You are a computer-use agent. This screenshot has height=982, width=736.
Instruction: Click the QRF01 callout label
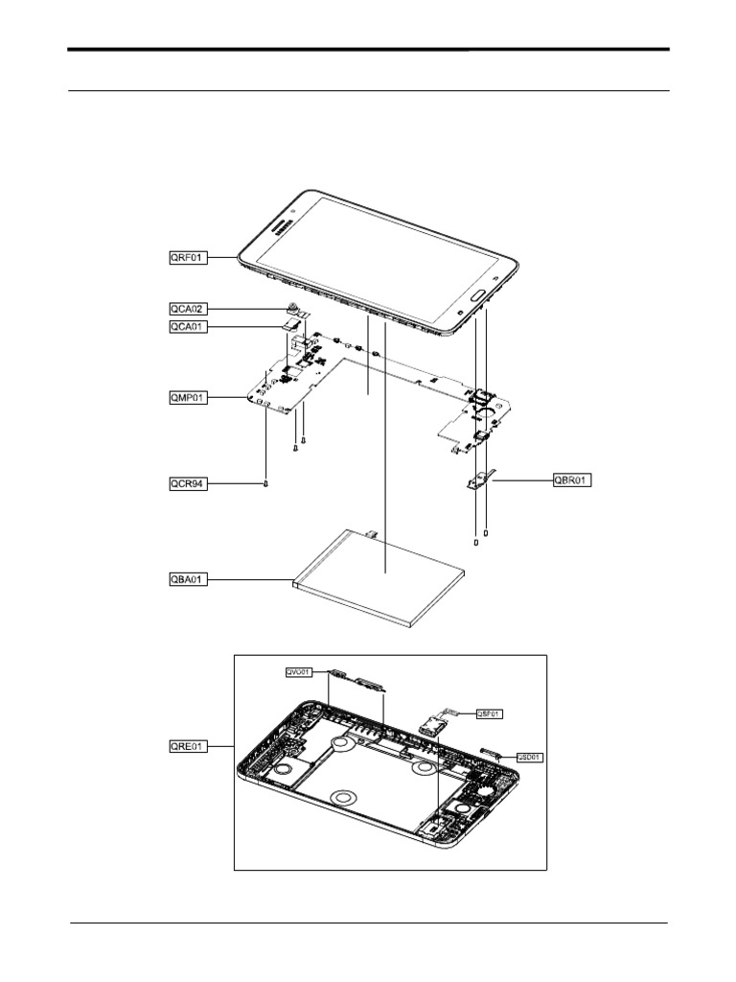[x=183, y=257]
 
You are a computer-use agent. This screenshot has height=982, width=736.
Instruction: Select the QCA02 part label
[x=183, y=309]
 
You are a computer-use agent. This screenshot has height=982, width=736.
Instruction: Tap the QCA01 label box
[x=183, y=327]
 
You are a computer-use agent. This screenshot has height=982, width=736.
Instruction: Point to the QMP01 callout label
[x=183, y=396]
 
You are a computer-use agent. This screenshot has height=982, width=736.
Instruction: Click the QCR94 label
[x=183, y=484]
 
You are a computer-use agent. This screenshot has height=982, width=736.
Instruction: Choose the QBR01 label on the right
[x=572, y=479]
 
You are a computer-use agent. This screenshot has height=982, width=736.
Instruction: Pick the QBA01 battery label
[x=183, y=579]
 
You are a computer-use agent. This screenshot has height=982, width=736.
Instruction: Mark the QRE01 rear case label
[x=183, y=745]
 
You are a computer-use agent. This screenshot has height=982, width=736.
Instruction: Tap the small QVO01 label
[x=298, y=672]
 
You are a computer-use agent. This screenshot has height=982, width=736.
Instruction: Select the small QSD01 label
[x=530, y=757]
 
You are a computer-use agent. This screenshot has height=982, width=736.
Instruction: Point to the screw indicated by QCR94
[x=264, y=483]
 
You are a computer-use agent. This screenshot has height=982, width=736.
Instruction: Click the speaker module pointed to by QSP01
[x=433, y=721]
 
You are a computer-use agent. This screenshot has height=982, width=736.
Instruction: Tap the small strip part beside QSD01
[x=489, y=751]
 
